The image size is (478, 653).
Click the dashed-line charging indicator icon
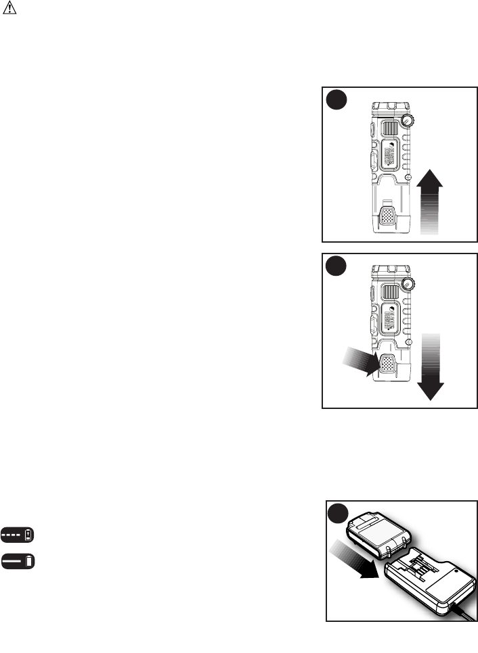tap(18, 535)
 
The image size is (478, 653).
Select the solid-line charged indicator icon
tap(18, 561)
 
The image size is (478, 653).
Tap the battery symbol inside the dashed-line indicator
tap(28, 535)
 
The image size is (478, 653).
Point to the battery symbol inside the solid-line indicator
tap(29, 561)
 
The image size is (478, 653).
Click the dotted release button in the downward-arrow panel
tap(388, 366)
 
